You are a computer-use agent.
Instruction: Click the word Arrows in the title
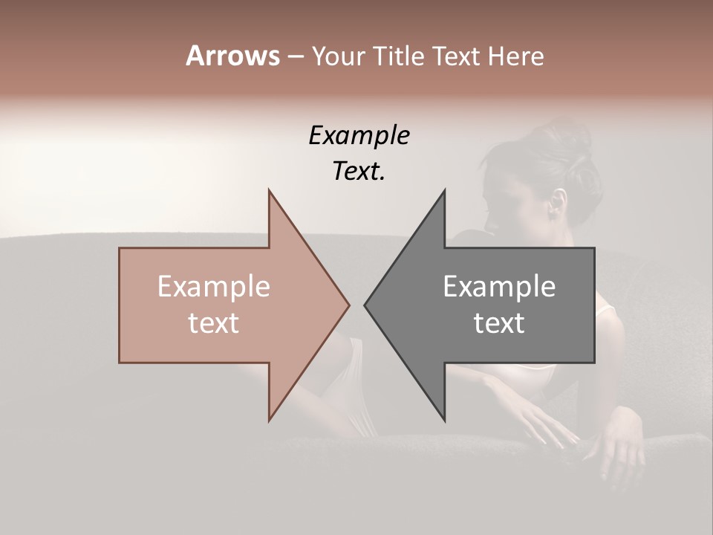click(232, 56)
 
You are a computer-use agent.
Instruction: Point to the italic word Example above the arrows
click(359, 136)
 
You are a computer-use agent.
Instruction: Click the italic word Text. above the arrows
click(359, 171)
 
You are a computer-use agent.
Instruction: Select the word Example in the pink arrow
click(214, 286)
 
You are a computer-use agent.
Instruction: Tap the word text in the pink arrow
click(214, 323)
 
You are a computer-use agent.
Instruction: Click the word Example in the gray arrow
click(499, 286)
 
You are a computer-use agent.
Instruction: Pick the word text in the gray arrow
click(499, 323)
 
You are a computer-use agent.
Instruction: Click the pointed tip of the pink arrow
click(348, 305)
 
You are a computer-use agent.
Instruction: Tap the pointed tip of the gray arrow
click(365, 305)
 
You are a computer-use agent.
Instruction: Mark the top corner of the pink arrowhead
click(269, 190)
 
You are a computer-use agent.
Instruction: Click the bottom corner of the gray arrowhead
click(445, 420)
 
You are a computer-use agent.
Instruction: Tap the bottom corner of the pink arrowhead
click(269, 420)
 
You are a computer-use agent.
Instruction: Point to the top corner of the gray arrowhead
click(445, 190)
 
